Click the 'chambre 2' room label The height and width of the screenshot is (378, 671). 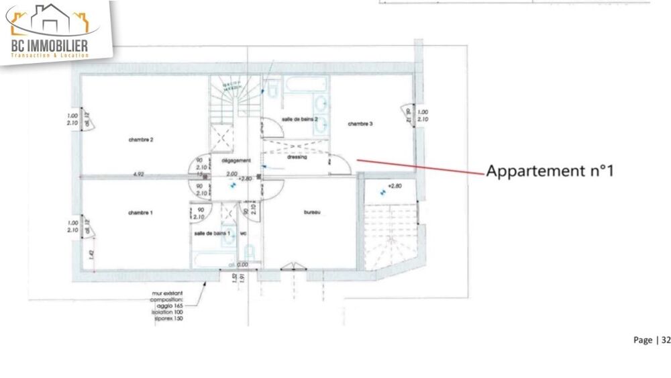pos(142,140)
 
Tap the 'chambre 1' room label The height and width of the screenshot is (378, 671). pos(141,213)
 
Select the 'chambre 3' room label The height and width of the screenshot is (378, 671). pos(360,124)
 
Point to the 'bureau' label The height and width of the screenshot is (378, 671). pos(311,213)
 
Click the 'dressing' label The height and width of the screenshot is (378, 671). pos(296,157)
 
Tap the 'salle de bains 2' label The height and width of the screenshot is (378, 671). pos(295,118)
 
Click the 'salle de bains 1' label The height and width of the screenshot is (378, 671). pos(212,233)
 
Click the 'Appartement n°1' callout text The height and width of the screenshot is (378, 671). pos(550,171)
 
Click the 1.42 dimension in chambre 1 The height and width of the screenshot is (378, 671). pos(90,254)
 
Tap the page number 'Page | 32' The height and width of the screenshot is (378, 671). pos(652,340)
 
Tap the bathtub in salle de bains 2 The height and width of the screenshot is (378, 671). pos(306,85)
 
